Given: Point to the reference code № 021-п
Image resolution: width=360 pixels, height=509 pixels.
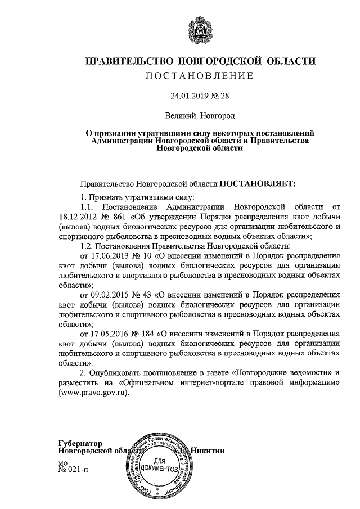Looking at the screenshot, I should (73, 470).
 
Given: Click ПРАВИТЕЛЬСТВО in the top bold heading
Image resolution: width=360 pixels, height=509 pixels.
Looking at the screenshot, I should (132, 61).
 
